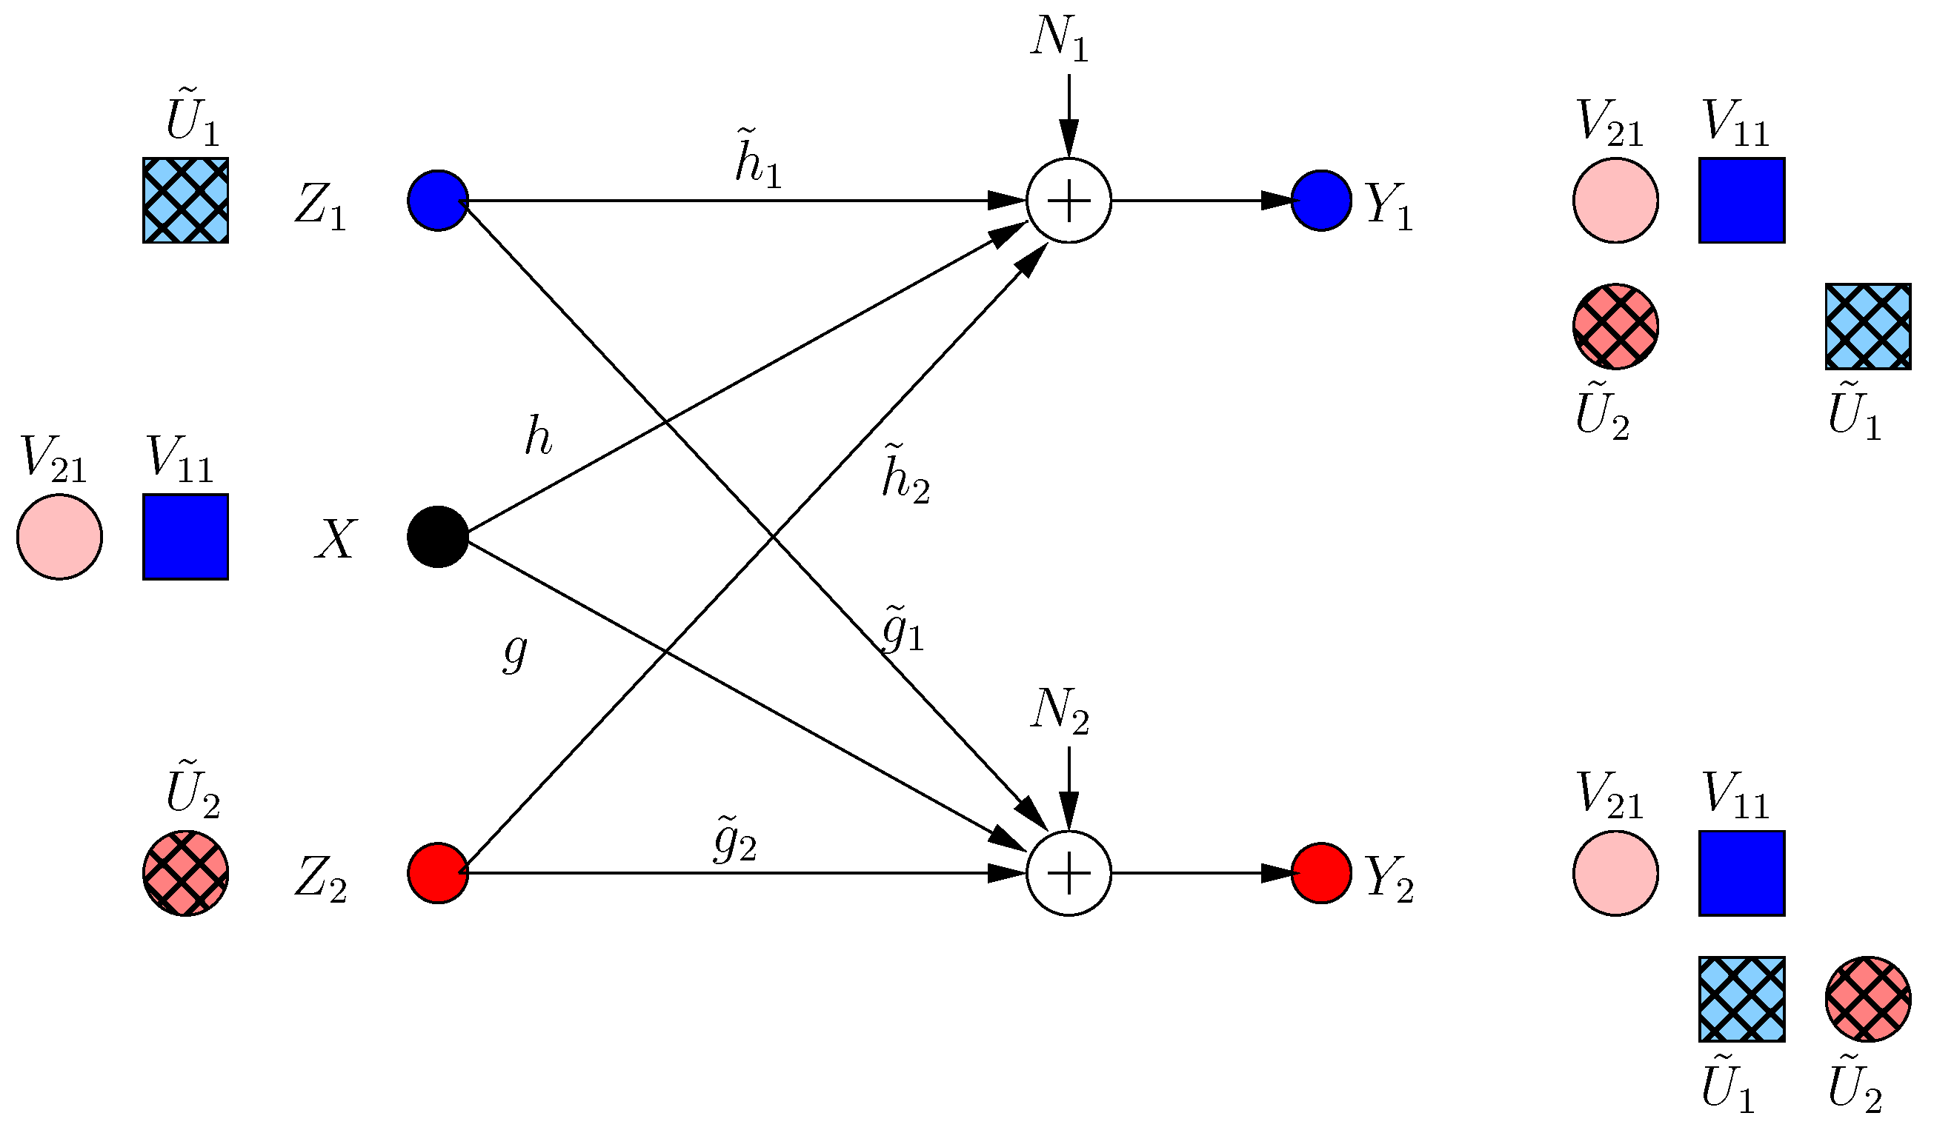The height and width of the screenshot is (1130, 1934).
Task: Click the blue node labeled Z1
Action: (x=438, y=201)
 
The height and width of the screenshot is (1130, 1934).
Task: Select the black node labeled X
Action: (x=438, y=537)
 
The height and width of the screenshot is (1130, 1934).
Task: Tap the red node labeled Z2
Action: (x=438, y=873)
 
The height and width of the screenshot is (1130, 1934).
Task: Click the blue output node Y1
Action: (x=1320, y=201)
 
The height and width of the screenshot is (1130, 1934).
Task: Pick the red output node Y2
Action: (x=1320, y=873)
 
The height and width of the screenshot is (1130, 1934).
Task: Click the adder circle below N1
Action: (x=1069, y=201)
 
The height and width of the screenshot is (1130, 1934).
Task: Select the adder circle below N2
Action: (x=1069, y=873)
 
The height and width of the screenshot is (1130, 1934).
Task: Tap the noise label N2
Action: (x=1059, y=710)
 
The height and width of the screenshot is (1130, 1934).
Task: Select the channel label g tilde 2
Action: (x=735, y=839)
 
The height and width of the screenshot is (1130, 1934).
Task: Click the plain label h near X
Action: (x=538, y=438)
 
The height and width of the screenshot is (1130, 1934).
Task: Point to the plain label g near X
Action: (x=515, y=652)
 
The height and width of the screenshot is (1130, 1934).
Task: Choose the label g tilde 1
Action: (x=903, y=629)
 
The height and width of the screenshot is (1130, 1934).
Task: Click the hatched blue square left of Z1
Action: (x=186, y=201)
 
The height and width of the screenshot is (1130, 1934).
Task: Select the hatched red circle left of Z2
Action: (x=186, y=873)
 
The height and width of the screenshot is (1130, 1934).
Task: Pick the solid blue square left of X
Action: (x=186, y=537)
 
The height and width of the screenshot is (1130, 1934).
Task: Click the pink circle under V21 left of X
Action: (x=59, y=537)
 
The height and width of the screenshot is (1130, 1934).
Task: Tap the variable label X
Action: (x=336, y=539)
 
